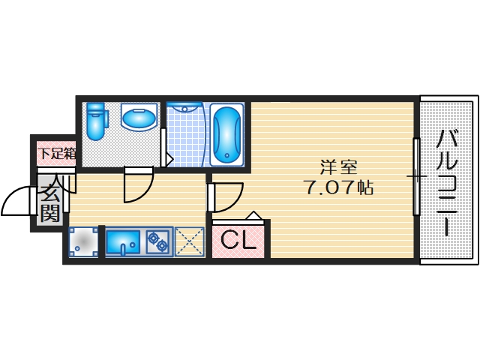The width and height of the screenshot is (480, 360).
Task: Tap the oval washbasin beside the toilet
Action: [x=138, y=118]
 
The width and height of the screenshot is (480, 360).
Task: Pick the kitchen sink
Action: [x=122, y=242]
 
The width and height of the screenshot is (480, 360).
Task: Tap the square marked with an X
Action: [x=190, y=241]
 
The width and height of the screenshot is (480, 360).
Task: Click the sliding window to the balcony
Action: [x=416, y=176]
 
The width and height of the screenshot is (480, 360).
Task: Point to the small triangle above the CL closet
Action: [x=254, y=217]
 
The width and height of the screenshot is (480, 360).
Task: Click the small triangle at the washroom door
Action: [x=169, y=160]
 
